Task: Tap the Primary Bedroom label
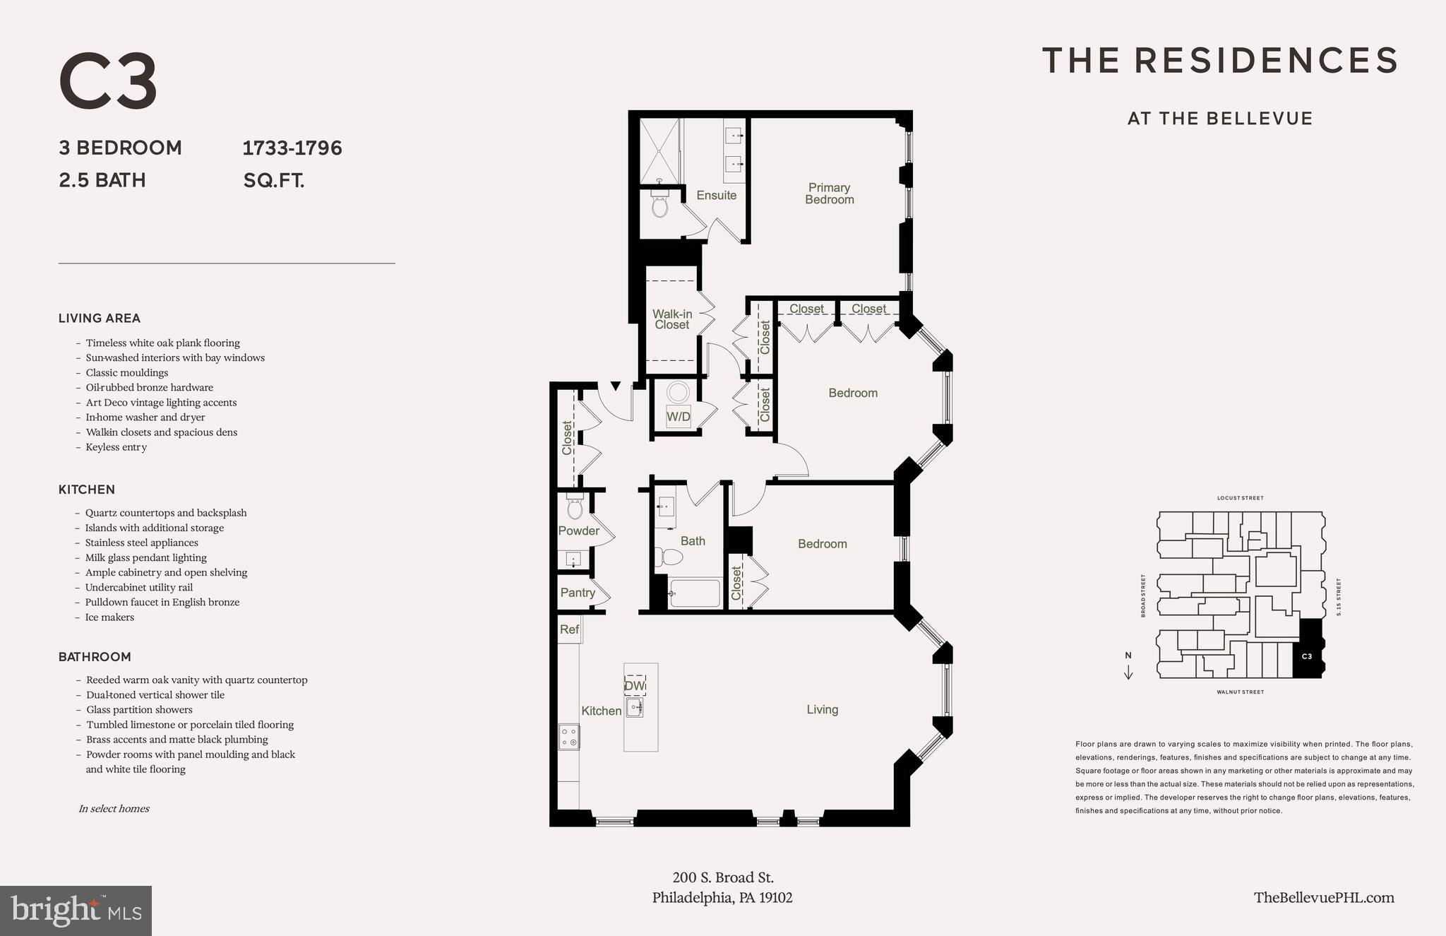coord(829,194)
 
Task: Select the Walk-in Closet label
coord(671,319)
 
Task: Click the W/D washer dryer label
coord(679,417)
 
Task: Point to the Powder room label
coord(578,531)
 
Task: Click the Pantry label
coord(578,593)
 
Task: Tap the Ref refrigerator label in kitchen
coord(569,629)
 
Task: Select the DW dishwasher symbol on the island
coord(634,685)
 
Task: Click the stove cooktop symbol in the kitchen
coord(569,737)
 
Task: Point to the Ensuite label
coord(716,195)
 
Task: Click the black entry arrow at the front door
coord(615,386)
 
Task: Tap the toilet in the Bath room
coord(669,557)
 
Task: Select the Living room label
coord(822,709)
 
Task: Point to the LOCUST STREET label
coord(1240,498)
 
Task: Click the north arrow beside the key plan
coord(1128,666)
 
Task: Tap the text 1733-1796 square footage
coord(292,148)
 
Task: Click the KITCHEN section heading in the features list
coord(86,490)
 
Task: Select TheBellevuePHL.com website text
coord(1324,897)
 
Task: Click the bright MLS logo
coord(76,911)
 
